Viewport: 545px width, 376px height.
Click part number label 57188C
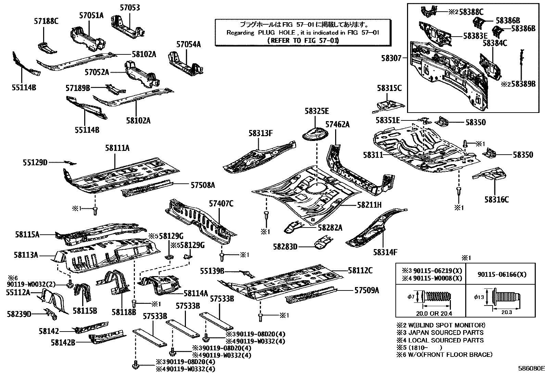coord(46,21)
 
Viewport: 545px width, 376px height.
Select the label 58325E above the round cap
coord(317,111)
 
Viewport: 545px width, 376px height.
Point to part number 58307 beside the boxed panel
coord(391,59)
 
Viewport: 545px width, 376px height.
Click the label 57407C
coord(221,204)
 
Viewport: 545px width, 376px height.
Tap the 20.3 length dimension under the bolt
coord(506,312)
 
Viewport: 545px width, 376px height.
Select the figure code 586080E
coord(531,368)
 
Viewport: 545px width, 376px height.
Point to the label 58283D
coord(285,246)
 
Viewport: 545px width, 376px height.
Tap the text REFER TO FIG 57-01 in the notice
coord(303,40)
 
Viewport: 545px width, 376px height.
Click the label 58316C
coord(496,199)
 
